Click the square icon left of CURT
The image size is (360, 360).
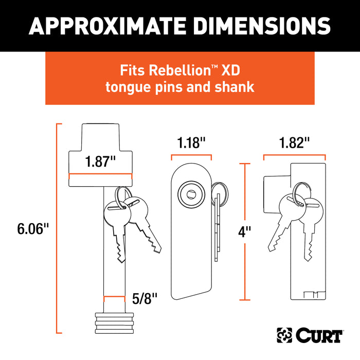click(x=284, y=336)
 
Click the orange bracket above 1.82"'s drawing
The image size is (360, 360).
click(x=294, y=155)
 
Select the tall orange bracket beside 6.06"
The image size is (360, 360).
click(x=58, y=229)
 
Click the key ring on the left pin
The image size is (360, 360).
click(x=122, y=194)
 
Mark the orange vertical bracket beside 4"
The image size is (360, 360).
click(x=245, y=231)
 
